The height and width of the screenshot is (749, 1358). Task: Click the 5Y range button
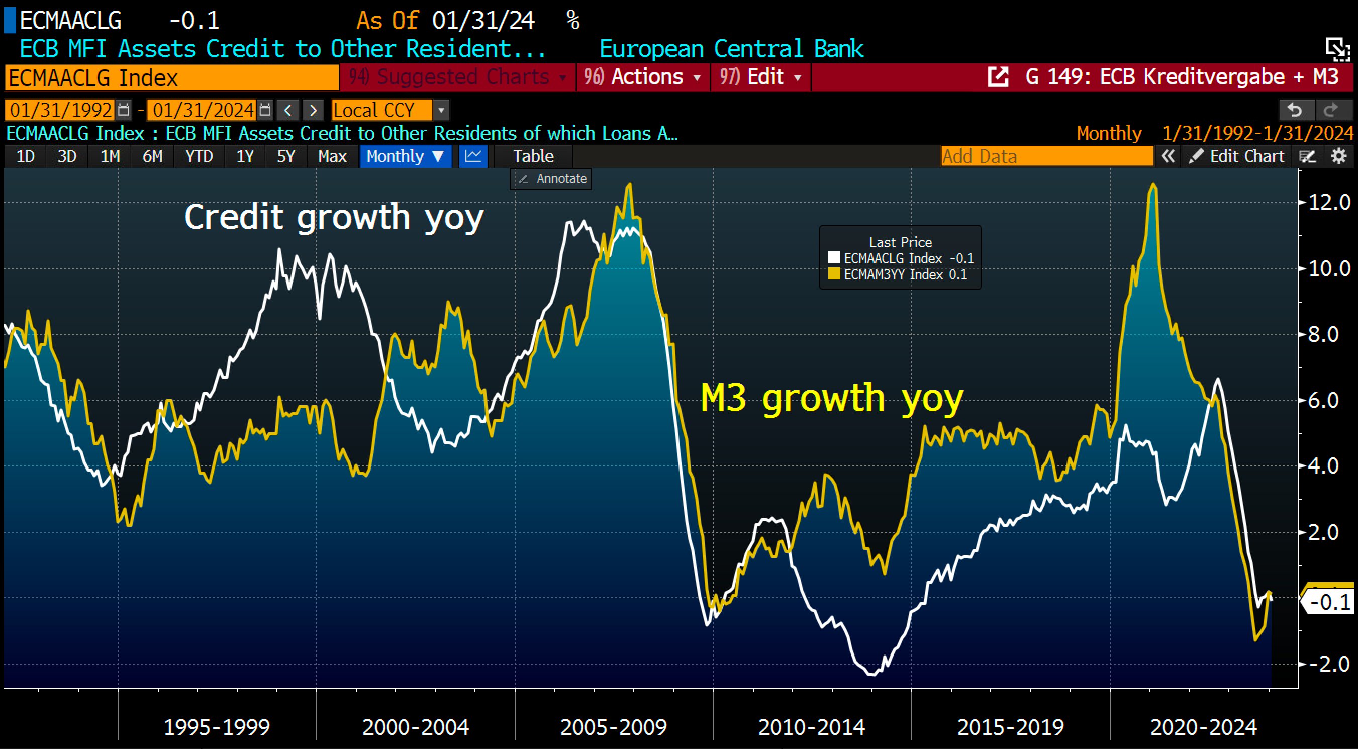286,156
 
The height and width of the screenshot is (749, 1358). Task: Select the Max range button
332,156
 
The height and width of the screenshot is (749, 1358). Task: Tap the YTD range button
199,156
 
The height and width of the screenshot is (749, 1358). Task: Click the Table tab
533,156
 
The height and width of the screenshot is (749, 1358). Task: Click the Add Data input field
1046,156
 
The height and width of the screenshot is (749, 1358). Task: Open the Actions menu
643,77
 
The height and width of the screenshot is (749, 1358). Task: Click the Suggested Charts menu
457,77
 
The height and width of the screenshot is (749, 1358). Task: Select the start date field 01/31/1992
61,110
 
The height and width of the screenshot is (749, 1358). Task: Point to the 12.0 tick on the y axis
1329,203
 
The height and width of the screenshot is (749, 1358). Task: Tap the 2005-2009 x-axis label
614,727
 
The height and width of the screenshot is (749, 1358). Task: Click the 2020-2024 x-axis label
1204,727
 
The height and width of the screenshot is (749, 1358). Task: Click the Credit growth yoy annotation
334,217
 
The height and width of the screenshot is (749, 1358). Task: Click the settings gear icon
1338,156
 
